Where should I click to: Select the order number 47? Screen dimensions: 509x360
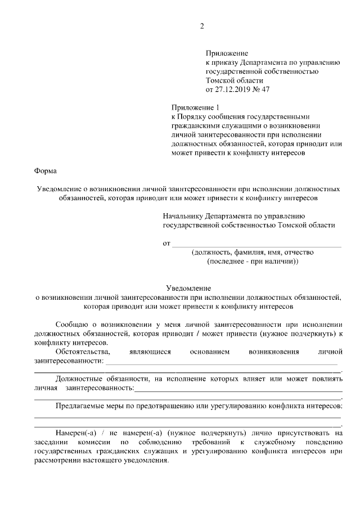point(274,89)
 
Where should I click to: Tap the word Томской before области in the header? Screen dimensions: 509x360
point(220,80)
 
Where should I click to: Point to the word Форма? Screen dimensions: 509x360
point(45,170)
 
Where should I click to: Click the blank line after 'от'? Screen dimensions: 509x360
point(256,244)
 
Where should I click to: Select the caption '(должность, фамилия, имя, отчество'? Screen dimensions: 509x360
point(253,253)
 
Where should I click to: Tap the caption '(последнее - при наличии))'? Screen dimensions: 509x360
point(253,262)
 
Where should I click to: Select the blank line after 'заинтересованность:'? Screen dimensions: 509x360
point(239,388)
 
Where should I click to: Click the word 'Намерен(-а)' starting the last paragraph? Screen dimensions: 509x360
point(77,433)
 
